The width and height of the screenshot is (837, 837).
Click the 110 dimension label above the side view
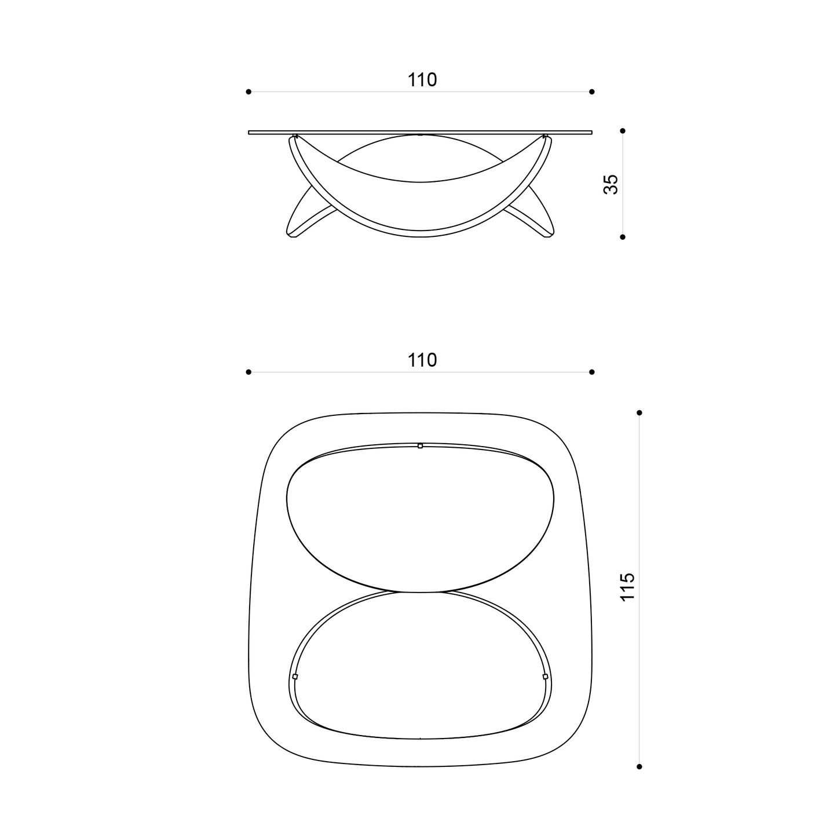point(422,80)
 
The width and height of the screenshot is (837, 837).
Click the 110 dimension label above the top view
point(422,360)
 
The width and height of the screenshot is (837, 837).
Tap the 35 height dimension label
point(611,184)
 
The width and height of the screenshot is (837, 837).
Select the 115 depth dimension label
point(628,587)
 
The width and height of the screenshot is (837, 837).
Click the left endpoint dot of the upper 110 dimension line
point(248,92)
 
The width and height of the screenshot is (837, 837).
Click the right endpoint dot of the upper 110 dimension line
point(591,92)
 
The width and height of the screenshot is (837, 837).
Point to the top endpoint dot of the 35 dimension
point(623,131)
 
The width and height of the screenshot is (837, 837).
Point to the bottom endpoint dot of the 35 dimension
point(623,237)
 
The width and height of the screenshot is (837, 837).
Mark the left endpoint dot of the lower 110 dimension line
point(248,372)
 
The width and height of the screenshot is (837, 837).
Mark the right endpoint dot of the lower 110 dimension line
point(591,372)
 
